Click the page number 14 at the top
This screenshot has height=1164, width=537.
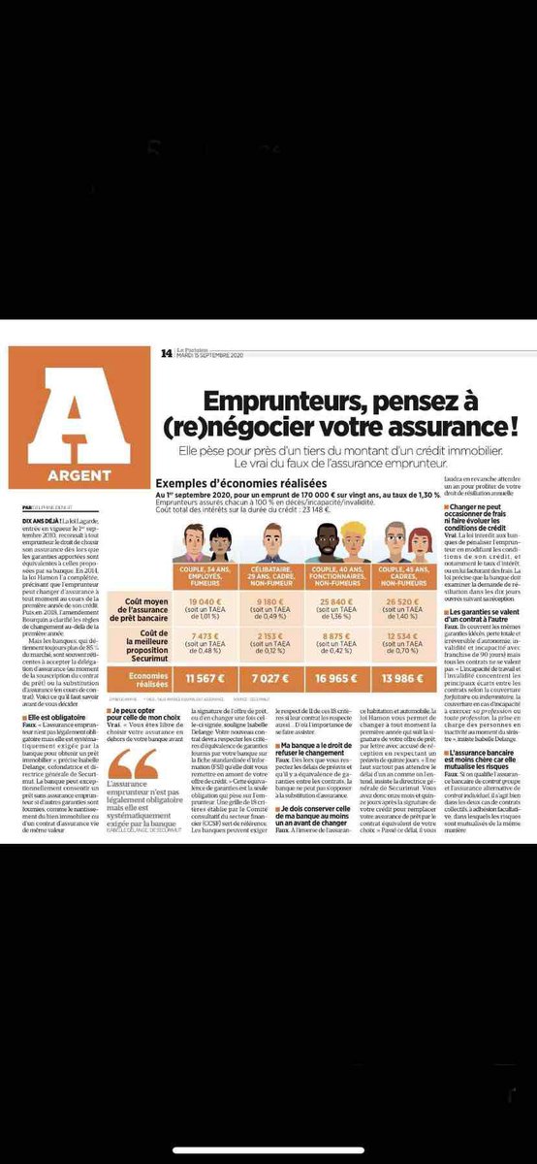click(x=167, y=353)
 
